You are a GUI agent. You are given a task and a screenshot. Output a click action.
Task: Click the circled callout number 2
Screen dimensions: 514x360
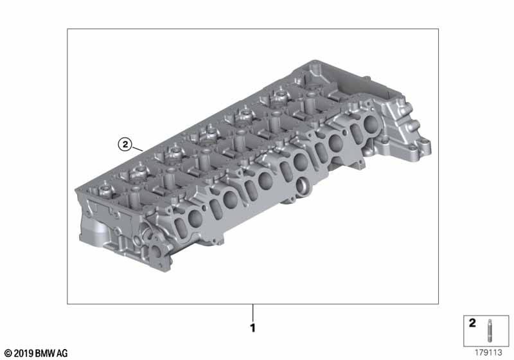[x=125, y=144]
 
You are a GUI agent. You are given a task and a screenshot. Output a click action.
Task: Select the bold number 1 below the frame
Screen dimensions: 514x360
[x=253, y=328]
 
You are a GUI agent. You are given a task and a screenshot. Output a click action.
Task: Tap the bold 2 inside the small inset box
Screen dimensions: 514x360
[x=472, y=323]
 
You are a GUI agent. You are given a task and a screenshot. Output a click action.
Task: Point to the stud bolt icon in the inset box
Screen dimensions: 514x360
[x=490, y=330]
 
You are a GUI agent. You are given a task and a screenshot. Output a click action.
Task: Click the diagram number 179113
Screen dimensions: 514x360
[x=488, y=352]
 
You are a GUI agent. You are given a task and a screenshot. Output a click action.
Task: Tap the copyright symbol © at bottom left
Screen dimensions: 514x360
[x=8, y=354]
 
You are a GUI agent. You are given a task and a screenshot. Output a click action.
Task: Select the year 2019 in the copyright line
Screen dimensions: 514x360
[x=24, y=354]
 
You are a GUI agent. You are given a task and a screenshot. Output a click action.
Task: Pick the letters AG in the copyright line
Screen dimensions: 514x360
[x=62, y=354]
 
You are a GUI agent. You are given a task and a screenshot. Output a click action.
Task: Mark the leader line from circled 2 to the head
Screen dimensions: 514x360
[x=137, y=148]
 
